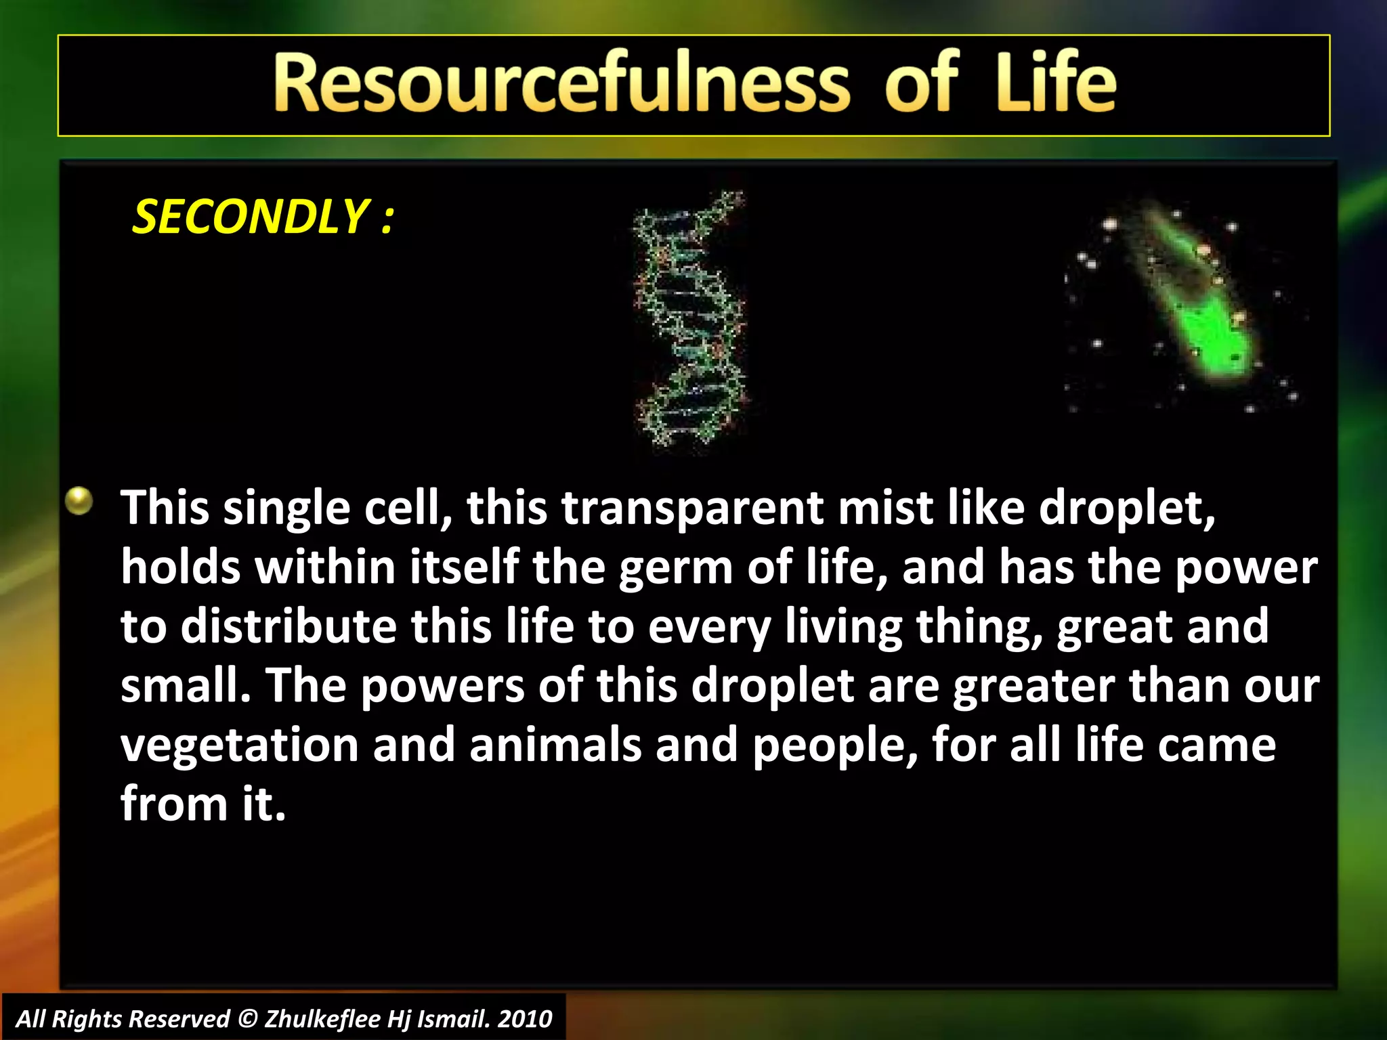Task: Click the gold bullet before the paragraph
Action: click(x=79, y=502)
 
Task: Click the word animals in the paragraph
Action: click(x=555, y=745)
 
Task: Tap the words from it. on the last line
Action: click(x=203, y=804)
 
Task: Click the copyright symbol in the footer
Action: click(x=248, y=1019)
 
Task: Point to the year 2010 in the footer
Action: click(x=525, y=1019)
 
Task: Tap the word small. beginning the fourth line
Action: click(x=186, y=685)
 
